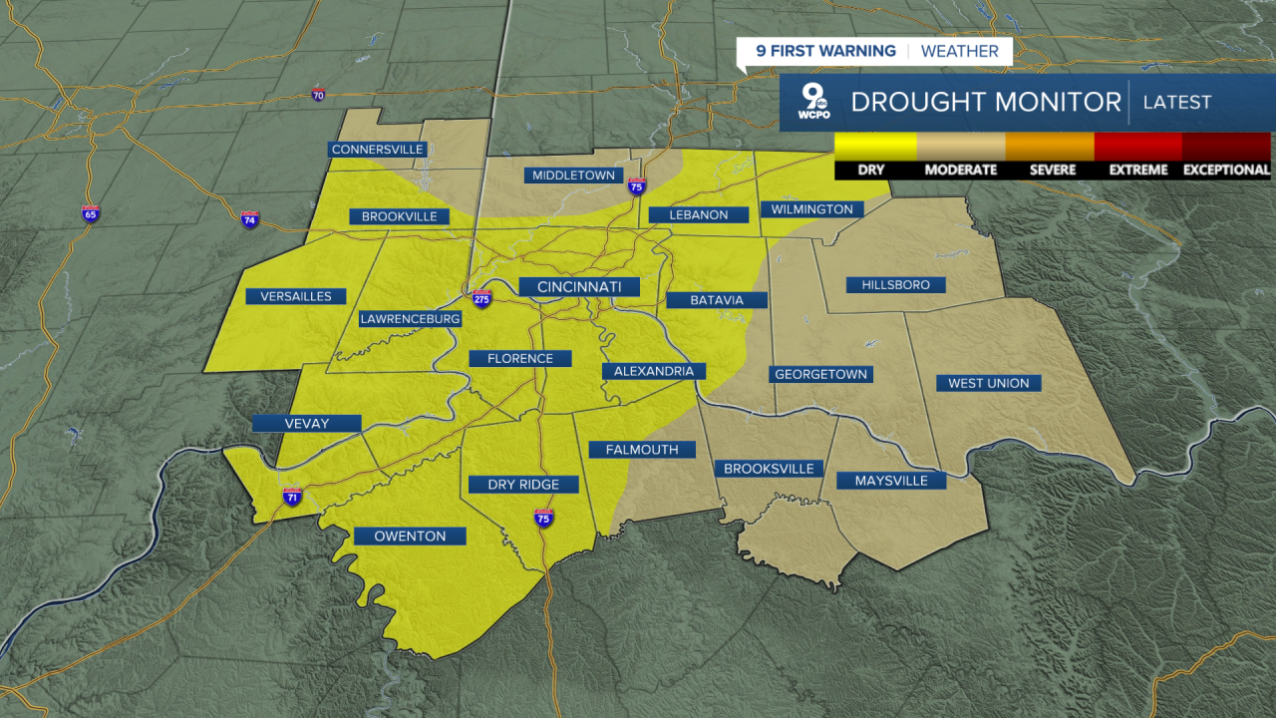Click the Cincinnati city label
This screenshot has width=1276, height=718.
[579, 287]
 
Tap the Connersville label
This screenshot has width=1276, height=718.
[378, 150]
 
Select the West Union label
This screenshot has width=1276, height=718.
[988, 383]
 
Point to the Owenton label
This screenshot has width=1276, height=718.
[410, 537]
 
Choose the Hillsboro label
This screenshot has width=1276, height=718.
[894, 285]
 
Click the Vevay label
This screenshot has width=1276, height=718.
[306, 424]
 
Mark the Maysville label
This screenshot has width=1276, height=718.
[891, 481]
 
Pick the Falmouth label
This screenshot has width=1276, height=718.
[641, 450]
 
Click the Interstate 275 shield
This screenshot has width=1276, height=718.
[481, 298]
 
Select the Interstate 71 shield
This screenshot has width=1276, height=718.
[291, 497]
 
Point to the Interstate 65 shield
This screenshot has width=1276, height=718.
[91, 213]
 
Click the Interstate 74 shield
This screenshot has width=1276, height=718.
[249, 219]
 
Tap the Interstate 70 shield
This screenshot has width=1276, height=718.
[318, 96]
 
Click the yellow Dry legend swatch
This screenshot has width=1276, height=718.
[875, 147]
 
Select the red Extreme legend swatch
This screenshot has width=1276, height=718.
[1137, 147]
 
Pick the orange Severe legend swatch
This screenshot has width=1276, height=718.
[1049, 147]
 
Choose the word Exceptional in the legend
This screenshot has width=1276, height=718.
[1226, 170]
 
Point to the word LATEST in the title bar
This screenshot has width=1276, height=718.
[1176, 102]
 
